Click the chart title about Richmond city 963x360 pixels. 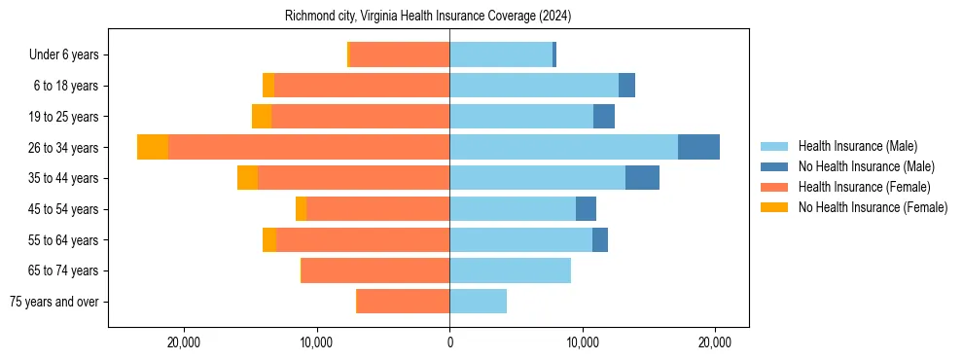click(428, 17)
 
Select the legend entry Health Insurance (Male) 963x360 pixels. click(851, 146)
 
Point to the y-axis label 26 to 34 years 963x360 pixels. click(63, 148)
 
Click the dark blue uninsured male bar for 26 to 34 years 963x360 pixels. click(698, 147)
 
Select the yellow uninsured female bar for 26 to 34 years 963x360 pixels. click(153, 147)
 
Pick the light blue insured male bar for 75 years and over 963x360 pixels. click(478, 302)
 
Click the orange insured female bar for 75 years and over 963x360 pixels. click(403, 302)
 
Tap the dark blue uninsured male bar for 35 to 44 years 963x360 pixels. click(642, 178)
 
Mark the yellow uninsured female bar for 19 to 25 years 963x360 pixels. click(262, 117)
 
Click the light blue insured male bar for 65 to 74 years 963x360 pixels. click(510, 270)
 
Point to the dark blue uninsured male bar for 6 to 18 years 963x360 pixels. click(626, 86)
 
